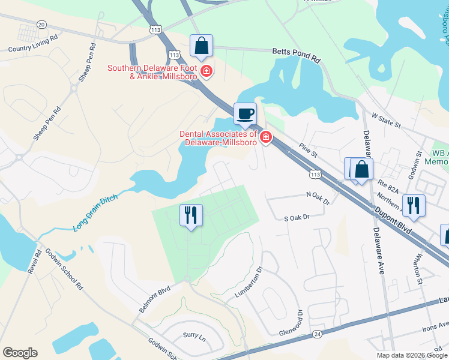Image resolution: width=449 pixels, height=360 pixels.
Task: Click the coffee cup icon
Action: [x=245, y=113]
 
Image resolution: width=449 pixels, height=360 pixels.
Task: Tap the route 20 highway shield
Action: [x=41, y=24]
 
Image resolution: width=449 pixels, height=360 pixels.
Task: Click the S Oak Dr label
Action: [x=296, y=217]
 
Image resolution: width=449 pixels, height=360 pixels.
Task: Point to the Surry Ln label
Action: [x=194, y=338]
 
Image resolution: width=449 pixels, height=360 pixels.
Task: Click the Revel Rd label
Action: [x=34, y=262]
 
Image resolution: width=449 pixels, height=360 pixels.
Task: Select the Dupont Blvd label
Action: [x=394, y=219]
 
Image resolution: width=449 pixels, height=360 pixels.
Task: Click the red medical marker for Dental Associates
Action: [x=265, y=139]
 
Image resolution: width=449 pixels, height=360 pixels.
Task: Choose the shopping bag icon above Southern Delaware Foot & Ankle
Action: [x=201, y=46]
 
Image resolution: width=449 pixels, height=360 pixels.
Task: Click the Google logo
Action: [x=20, y=353]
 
